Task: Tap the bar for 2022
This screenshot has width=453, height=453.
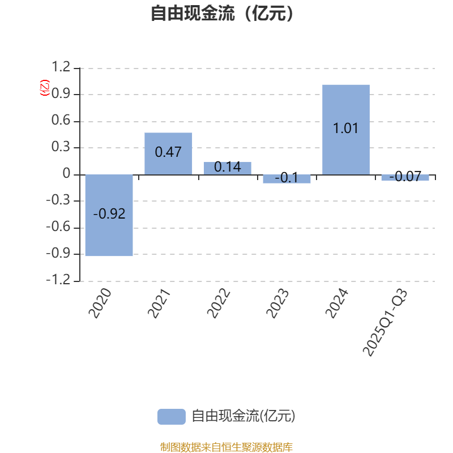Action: [228, 168]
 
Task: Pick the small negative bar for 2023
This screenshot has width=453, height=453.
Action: [287, 179]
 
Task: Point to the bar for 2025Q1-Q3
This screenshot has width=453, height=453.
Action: [405, 177]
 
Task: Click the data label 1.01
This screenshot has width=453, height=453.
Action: [346, 129]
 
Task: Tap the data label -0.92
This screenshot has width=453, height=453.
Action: [109, 214]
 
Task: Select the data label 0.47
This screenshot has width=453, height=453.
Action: [168, 152]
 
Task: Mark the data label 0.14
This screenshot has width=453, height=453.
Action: [228, 168]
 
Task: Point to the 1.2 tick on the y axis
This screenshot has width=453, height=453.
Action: [61, 68]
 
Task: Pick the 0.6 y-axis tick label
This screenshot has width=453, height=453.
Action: [61, 121]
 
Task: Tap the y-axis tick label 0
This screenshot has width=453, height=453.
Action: [67, 174]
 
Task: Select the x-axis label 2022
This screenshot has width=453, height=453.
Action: [219, 303]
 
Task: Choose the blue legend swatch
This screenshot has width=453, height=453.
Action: [171, 417]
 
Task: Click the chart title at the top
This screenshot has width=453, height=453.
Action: [226, 13]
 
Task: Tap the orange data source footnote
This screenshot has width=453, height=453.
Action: [226, 447]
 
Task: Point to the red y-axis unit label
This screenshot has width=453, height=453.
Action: [45, 88]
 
